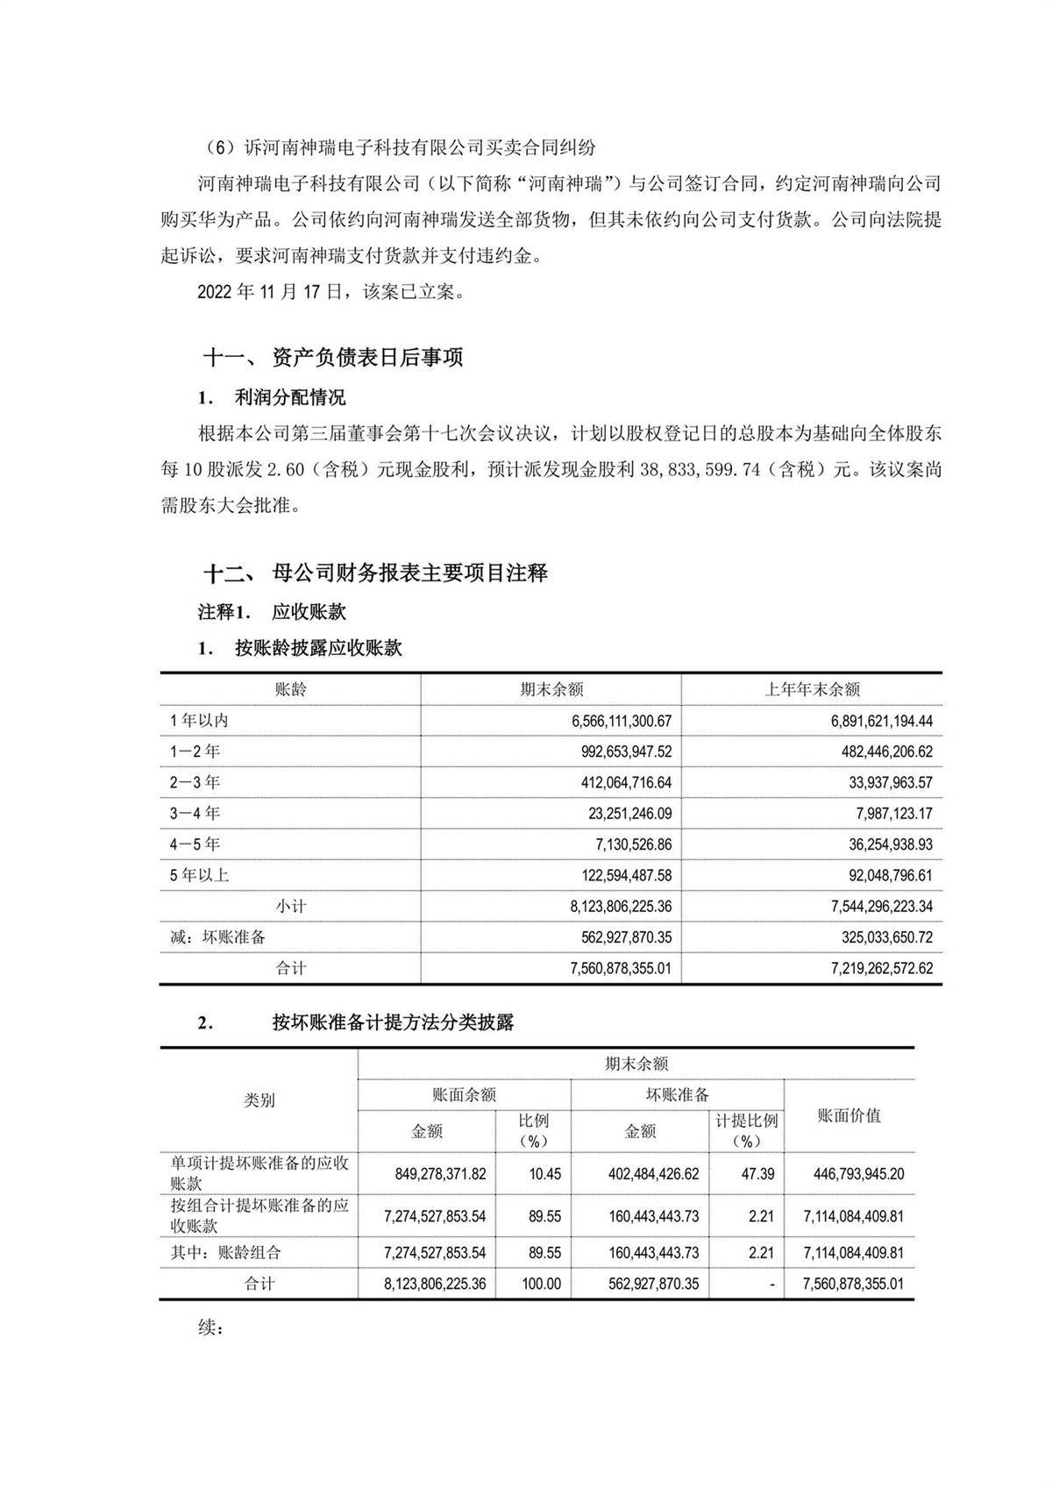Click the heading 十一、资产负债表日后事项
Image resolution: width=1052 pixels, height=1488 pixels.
pyautogui.click(x=333, y=358)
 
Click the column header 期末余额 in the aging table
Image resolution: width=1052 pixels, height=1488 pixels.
pyautogui.click(x=551, y=690)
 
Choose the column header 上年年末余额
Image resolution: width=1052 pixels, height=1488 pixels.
pyautogui.click(x=811, y=690)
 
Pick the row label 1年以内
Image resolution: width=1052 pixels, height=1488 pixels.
pyautogui.click(x=199, y=721)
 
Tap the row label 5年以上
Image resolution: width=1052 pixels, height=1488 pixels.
pyautogui.click(x=199, y=875)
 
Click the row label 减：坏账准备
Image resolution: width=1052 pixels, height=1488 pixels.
pyautogui.click(x=218, y=937)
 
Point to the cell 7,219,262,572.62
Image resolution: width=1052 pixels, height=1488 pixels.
pyautogui.click(x=881, y=969)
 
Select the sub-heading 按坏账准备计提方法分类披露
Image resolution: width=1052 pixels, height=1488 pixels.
pyautogui.click(x=393, y=1022)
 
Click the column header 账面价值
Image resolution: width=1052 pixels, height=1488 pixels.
pyautogui.click(x=849, y=1115)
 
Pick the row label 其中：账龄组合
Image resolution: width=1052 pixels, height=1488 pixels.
pyautogui.click(x=225, y=1253)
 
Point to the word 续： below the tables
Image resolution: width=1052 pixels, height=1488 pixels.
pyautogui.click(x=211, y=1328)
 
